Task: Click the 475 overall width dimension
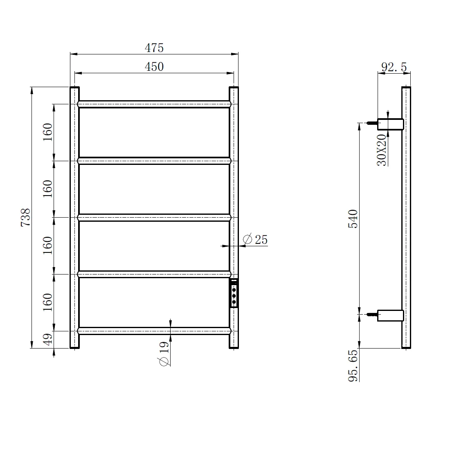click(x=154, y=48)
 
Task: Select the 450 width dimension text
click(x=154, y=67)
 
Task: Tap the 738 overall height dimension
click(x=25, y=218)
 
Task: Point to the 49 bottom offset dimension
click(x=48, y=339)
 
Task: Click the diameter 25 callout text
click(x=255, y=239)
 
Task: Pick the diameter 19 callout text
click(x=164, y=353)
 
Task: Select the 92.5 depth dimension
click(x=394, y=67)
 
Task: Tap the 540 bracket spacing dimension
click(x=353, y=219)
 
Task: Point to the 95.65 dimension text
click(x=353, y=365)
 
